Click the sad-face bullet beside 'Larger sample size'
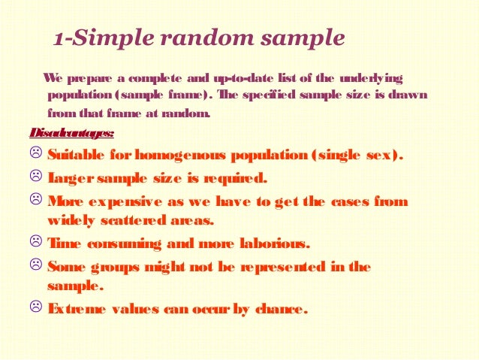click(x=35, y=178)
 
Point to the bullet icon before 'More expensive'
click(x=35, y=201)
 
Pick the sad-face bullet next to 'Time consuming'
click(x=35, y=244)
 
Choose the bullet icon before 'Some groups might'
click(x=35, y=266)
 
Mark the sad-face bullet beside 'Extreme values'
click(x=35, y=307)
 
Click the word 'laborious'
click(x=268, y=244)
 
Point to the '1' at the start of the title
click(x=59, y=38)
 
